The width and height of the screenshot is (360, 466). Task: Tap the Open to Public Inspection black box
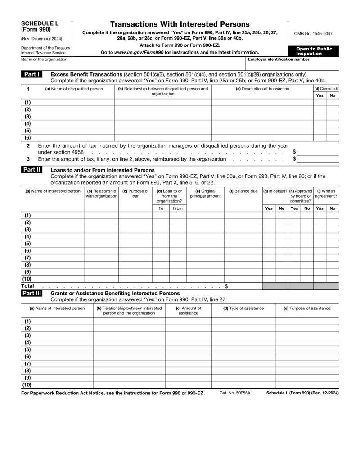tap(313, 51)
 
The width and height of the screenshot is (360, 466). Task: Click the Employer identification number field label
tap(278, 59)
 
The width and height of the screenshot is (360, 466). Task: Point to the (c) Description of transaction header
tap(262, 89)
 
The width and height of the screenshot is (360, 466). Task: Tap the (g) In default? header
tap(274, 191)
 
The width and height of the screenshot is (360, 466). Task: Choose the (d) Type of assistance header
tap(243, 308)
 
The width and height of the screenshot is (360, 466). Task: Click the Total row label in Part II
tap(27, 285)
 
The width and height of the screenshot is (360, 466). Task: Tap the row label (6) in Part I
tap(28, 138)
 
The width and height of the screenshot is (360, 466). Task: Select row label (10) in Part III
tap(27, 385)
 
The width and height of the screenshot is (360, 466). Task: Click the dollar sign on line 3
tap(294, 158)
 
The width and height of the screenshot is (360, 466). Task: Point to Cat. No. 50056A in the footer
tap(235, 393)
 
